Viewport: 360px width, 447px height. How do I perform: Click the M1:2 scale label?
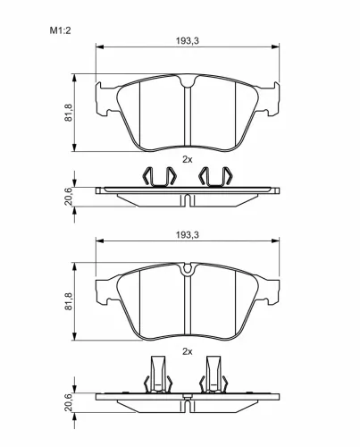click(x=60, y=30)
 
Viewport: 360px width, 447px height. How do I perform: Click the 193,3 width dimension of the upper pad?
click(x=188, y=41)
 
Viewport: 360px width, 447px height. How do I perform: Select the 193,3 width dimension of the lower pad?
click(x=188, y=235)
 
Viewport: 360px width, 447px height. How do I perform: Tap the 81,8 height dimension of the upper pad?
click(x=69, y=113)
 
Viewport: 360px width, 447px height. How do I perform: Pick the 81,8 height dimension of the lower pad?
click(x=69, y=301)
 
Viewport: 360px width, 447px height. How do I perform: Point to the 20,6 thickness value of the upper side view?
click(x=69, y=197)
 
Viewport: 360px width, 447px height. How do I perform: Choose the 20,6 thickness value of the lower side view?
click(x=69, y=402)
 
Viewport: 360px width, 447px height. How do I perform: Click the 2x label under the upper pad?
click(x=188, y=160)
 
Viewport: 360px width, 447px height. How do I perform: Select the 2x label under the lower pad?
click(x=188, y=352)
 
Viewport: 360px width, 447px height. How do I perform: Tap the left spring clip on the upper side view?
click(x=160, y=177)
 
